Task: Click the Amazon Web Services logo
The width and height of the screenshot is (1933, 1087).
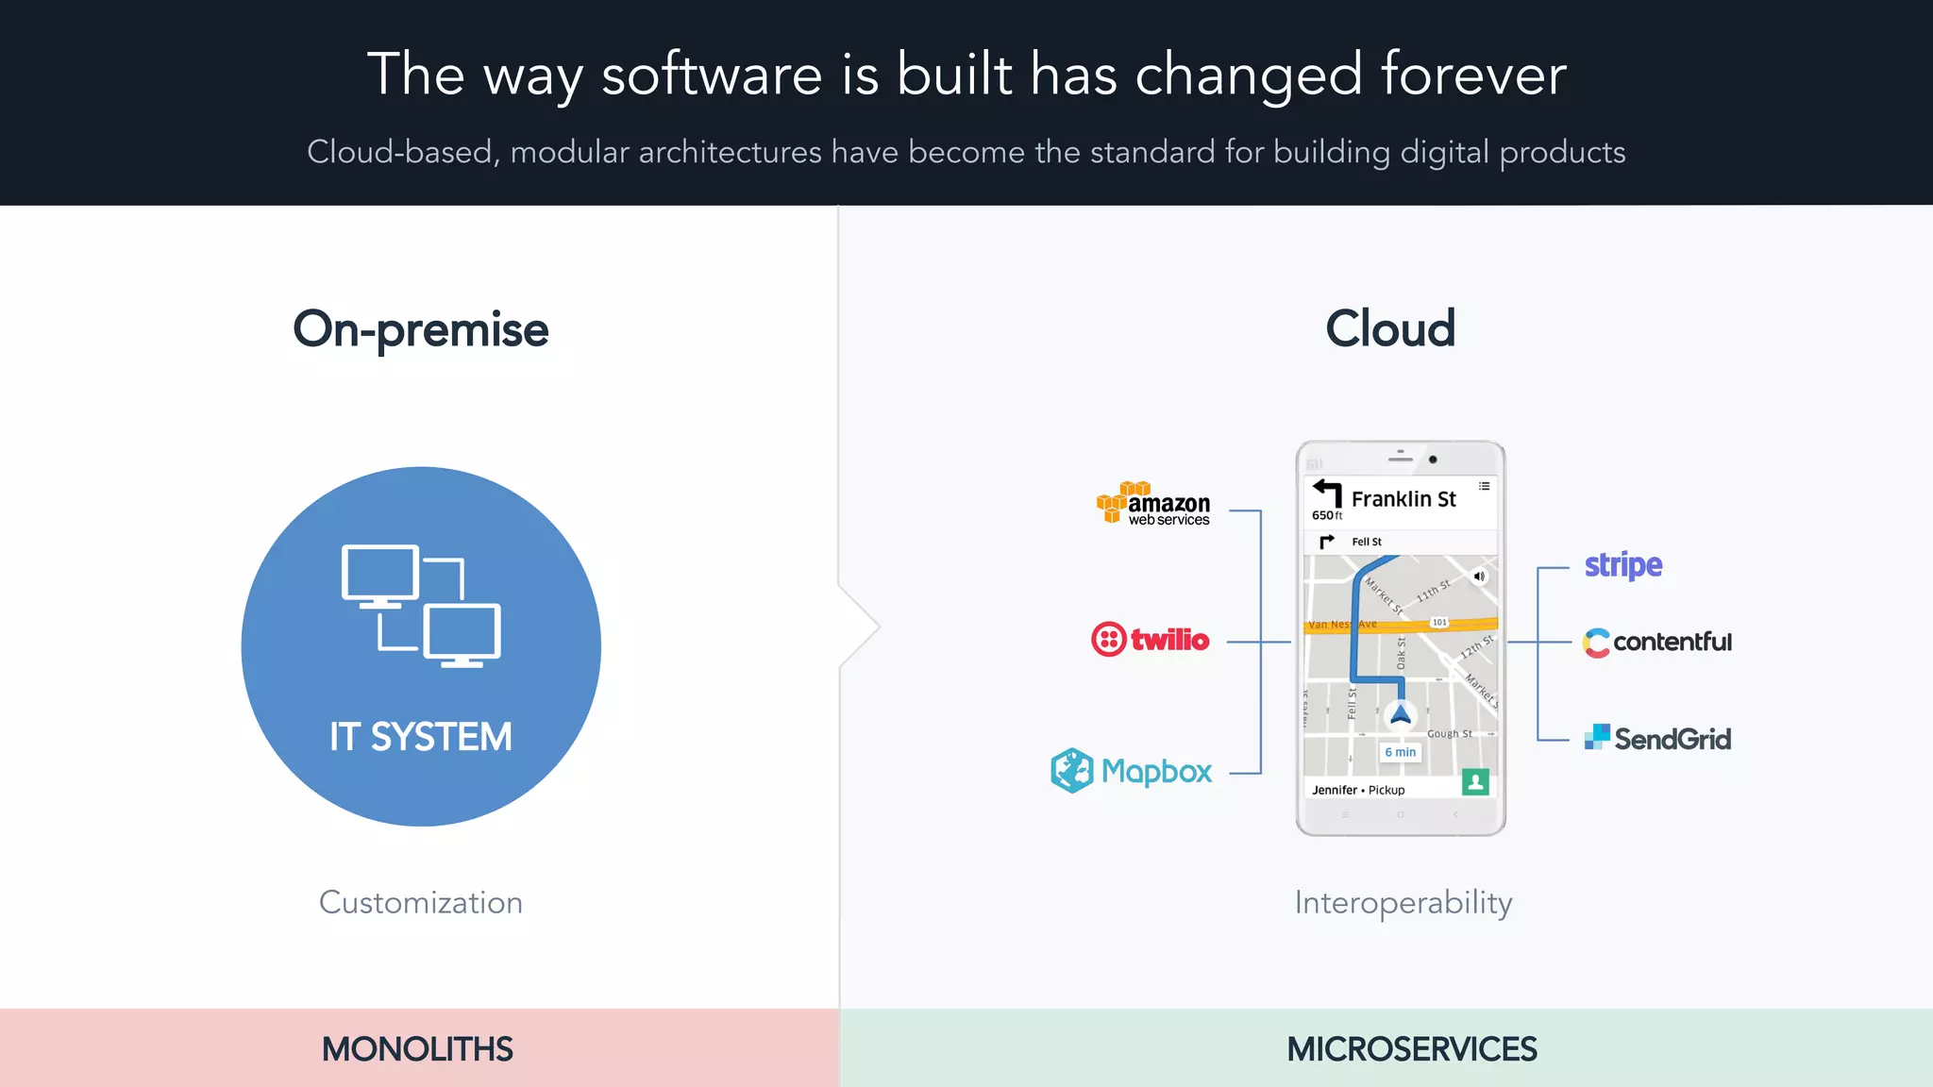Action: click(1153, 504)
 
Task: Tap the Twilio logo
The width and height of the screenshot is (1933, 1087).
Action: click(1150, 640)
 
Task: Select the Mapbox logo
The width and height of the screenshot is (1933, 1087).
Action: click(1131, 771)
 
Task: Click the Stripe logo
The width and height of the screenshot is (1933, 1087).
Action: click(1622, 565)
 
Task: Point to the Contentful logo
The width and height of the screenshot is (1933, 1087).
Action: click(1657, 643)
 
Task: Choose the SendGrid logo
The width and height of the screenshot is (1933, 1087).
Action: click(1658, 738)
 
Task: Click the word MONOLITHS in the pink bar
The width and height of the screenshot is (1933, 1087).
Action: click(417, 1049)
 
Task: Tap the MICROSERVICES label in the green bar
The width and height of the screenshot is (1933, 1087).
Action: click(1411, 1049)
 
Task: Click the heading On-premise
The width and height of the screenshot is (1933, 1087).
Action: click(420, 329)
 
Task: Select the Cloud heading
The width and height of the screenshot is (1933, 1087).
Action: click(1390, 328)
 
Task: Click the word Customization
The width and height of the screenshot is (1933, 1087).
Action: click(420, 903)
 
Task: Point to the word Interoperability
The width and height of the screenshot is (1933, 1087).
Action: click(1404, 903)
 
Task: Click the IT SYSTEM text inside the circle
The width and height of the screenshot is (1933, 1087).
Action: click(421, 737)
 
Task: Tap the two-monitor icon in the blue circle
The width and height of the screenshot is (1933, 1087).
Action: click(421, 606)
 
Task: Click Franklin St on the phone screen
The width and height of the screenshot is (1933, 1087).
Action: click(1404, 499)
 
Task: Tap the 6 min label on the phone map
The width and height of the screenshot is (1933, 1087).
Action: click(1401, 752)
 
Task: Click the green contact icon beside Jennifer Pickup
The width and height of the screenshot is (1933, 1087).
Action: click(1475, 782)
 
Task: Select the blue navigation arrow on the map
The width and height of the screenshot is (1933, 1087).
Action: click(1401, 714)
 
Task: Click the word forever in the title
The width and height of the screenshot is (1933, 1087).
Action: click(1472, 75)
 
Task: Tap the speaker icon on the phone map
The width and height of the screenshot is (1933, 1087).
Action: click(1479, 576)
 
